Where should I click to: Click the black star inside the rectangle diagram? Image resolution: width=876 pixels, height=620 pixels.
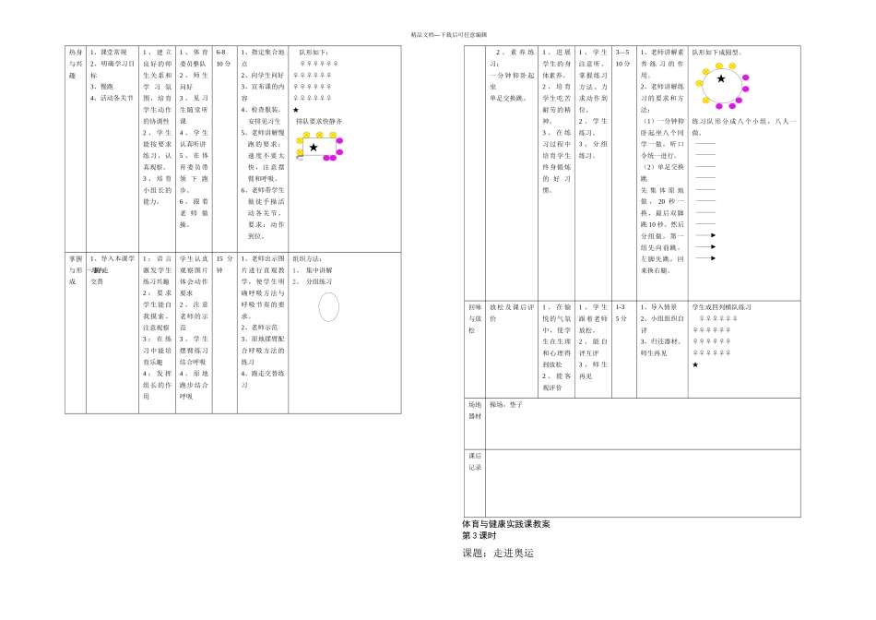pyautogui.click(x=314, y=148)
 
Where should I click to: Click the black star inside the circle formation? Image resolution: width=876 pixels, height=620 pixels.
pyautogui.click(x=721, y=79)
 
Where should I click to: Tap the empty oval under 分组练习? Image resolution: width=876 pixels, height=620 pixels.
pyautogui.click(x=328, y=307)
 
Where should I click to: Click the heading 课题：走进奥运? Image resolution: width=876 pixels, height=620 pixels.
pyautogui.click(x=498, y=554)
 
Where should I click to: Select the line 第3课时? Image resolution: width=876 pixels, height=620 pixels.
pyautogui.click(x=479, y=535)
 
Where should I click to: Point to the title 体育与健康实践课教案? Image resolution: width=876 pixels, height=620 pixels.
pyautogui.click(x=506, y=524)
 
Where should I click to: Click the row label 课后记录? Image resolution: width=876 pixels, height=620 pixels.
pyautogui.click(x=475, y=461)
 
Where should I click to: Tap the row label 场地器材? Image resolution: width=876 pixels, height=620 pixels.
pyautogui.click(x=475, y=411)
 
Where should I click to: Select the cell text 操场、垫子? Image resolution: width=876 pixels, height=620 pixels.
pyautogui.click(x=506, y=405)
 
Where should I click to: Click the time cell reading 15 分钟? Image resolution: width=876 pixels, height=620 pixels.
pyautogui.click(x=224, y=265)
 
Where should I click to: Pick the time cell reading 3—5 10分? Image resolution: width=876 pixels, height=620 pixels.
pyautogui.click(x=623, y=58)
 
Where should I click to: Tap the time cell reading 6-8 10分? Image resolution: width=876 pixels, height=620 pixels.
pyautogui.click(x=223, y=58)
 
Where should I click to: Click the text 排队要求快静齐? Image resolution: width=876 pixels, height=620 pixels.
pyautogui.click(x=319, y=121)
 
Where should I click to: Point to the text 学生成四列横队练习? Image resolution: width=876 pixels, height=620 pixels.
pyautogui.click(x=722, y=307)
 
